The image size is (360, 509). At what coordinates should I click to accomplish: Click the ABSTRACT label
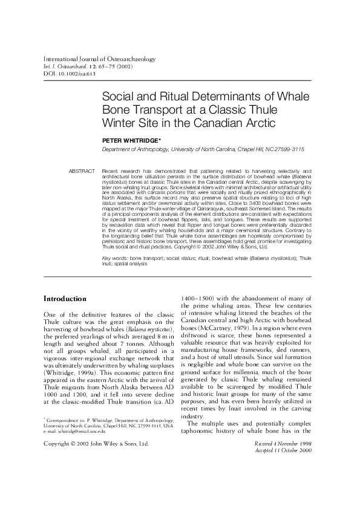point(82,172)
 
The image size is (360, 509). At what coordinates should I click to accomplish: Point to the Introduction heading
point(65,299)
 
